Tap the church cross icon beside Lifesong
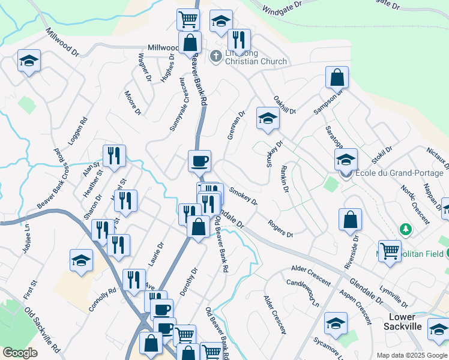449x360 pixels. [216, 57]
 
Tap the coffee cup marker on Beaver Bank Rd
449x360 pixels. [199, 161]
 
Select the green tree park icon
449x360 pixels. [406, 229]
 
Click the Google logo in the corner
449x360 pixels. [20, 353]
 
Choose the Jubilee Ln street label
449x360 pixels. [26, 238]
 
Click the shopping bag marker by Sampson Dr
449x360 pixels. [337, 77]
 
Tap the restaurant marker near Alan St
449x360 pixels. [113, 156]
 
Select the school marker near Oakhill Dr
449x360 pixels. [268, 118]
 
